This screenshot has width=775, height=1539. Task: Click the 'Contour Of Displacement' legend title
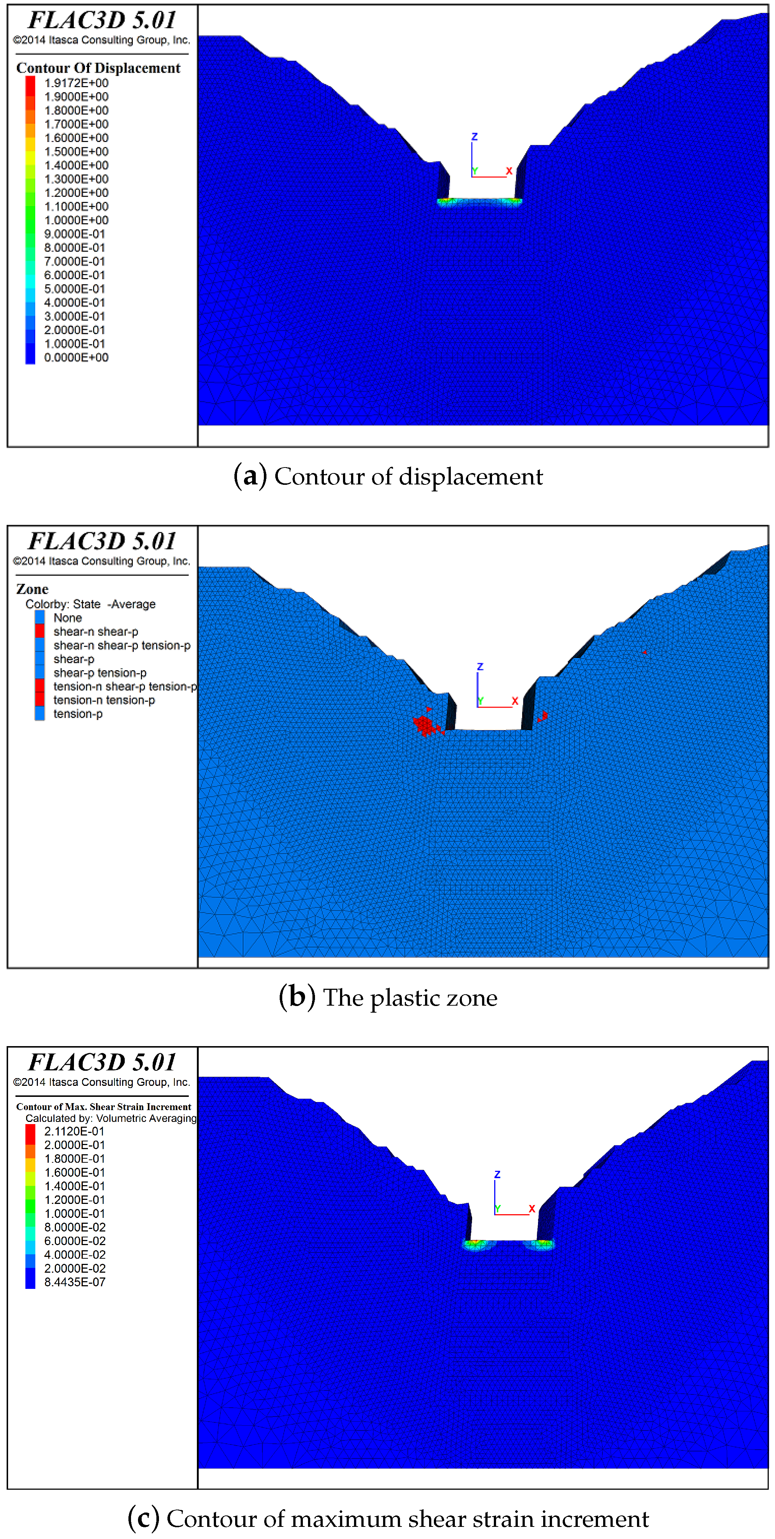[x=98, y=68]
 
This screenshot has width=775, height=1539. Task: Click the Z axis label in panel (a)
[x=474, y=137]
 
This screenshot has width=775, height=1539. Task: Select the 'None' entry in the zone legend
[x=67, y=618]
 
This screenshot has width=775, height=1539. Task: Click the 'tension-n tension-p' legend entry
[x=104, y=700]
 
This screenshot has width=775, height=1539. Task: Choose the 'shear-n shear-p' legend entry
[x=96, y=632]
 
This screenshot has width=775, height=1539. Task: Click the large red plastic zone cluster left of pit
[x=424, y=725]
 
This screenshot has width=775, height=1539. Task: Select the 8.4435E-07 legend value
[x=75, y=1282]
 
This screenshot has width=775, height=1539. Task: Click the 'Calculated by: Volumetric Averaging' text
[x=110, y=1119]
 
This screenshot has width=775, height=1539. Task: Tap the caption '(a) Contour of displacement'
[x=388, y=477]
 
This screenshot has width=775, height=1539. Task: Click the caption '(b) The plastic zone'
[x=388, y=998]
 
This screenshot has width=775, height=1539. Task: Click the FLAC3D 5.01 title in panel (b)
[x=102, y=541]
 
